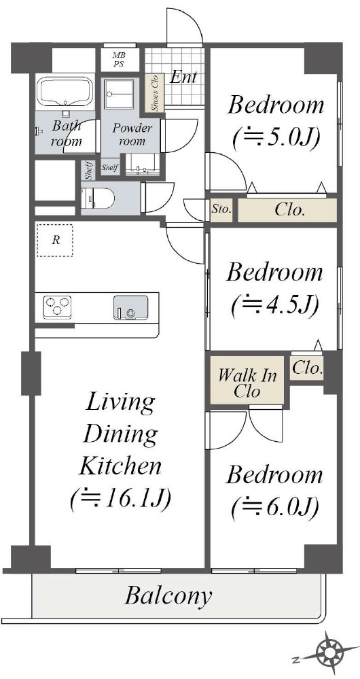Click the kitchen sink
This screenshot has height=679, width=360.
(130, 307)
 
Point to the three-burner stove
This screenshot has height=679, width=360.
(56, 306)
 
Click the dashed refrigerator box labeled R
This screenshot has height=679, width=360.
(54, 241)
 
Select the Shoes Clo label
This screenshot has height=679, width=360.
(155, 92)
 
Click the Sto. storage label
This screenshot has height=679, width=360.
(222, 211)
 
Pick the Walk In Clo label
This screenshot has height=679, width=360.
(247, 383)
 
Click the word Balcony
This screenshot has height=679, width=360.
(168, 596)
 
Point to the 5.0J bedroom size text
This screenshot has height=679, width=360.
(275, 138)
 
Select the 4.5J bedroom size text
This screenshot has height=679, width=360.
(275, 305)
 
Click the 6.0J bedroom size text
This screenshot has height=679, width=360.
(275, 506)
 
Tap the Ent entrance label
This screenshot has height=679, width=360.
(183, 77)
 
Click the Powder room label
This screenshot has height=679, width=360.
(132, 135)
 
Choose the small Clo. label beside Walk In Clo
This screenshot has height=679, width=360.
(307, 369)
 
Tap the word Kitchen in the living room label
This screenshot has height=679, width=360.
(122, 466)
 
